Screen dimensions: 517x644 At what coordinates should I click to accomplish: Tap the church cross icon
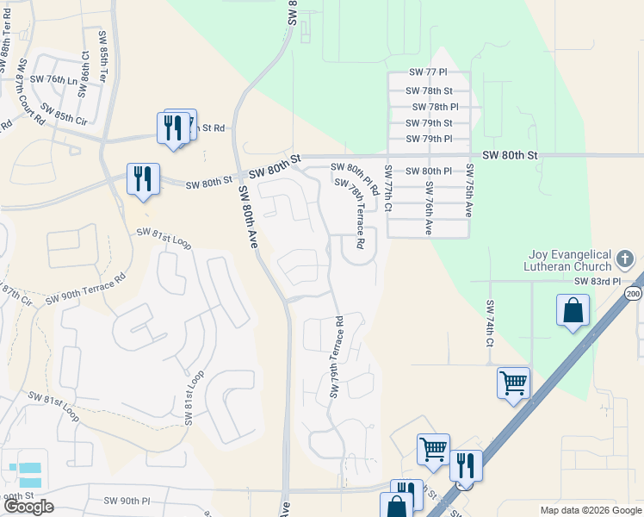coord(626,258)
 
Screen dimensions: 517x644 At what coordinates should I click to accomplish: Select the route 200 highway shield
coord(634,295)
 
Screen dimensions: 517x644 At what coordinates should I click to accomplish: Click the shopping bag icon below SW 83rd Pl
coord(573,311)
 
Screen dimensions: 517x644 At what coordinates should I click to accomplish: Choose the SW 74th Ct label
coord(489,323)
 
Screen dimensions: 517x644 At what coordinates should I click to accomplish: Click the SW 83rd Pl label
coord(598,282)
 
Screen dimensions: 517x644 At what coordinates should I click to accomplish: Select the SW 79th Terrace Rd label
coord(337,357)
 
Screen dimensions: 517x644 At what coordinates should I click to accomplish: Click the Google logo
coord(28,507)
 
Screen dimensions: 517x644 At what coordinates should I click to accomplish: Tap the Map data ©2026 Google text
coord(591,510)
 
